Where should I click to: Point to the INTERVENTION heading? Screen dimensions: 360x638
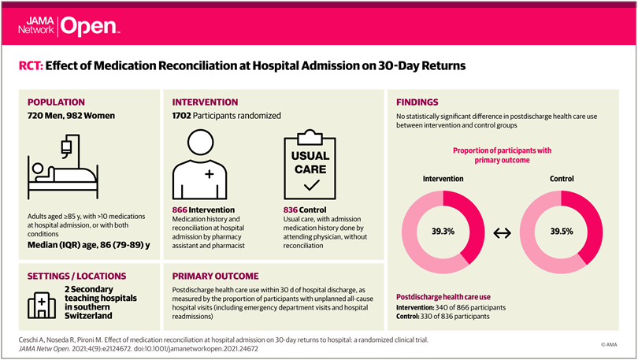(x=206, y=102)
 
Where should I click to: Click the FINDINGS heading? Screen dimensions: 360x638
(x=417, y=102)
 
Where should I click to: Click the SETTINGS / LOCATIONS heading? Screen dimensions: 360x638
(x=76, y=276)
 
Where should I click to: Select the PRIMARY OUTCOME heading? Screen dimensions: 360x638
(x=215, y=276)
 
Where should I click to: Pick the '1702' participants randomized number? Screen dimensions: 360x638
(x=186, y=116)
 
